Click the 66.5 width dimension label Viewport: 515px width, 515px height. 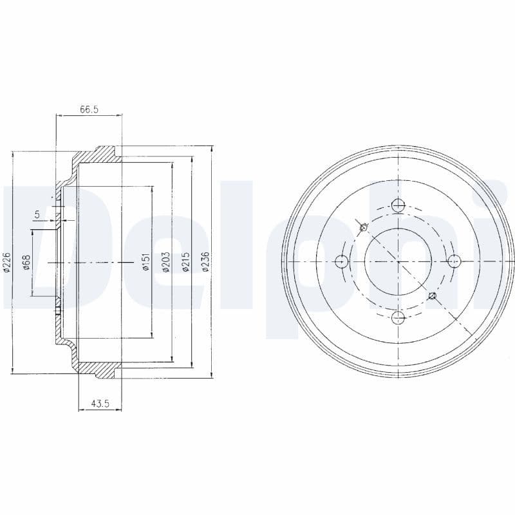89,109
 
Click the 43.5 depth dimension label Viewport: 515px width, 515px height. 99,404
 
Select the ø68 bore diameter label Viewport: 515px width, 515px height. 26,262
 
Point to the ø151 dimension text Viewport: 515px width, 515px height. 146,262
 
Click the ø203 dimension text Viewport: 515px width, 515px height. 166,262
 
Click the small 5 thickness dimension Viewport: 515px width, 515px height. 37,214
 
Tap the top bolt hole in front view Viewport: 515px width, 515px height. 398,206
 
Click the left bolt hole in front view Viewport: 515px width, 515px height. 342,261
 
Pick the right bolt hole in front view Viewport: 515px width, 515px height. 453,261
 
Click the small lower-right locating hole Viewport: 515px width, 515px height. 433,296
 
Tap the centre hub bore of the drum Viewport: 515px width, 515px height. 398,261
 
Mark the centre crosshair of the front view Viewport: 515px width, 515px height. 398,261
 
